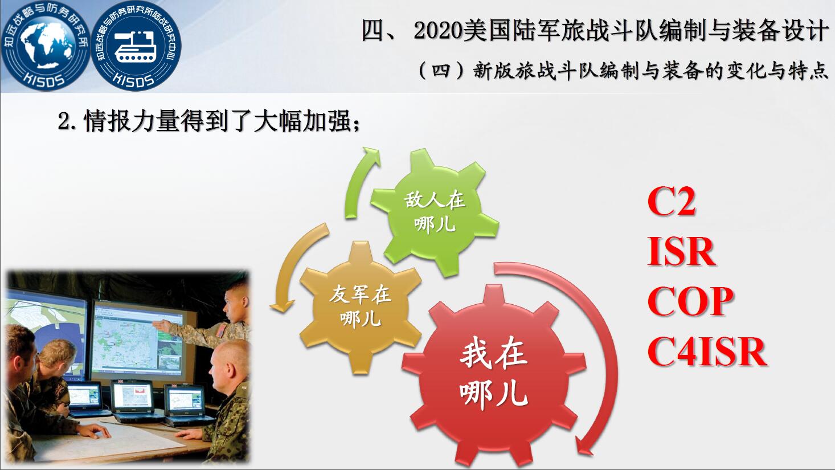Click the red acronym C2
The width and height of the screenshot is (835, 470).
[672, 202]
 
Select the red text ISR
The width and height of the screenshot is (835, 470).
[681, 252]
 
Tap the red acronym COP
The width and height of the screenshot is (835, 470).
[691, 301]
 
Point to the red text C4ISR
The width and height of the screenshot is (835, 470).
[707, 352]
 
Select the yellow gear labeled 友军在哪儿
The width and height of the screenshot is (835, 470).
[361, 308]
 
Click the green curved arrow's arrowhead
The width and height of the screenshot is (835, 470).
[372, 156]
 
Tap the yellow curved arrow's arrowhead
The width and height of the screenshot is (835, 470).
[282, 306]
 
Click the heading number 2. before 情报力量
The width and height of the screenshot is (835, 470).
[68, 121]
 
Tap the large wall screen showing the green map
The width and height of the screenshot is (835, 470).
[143, 338]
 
